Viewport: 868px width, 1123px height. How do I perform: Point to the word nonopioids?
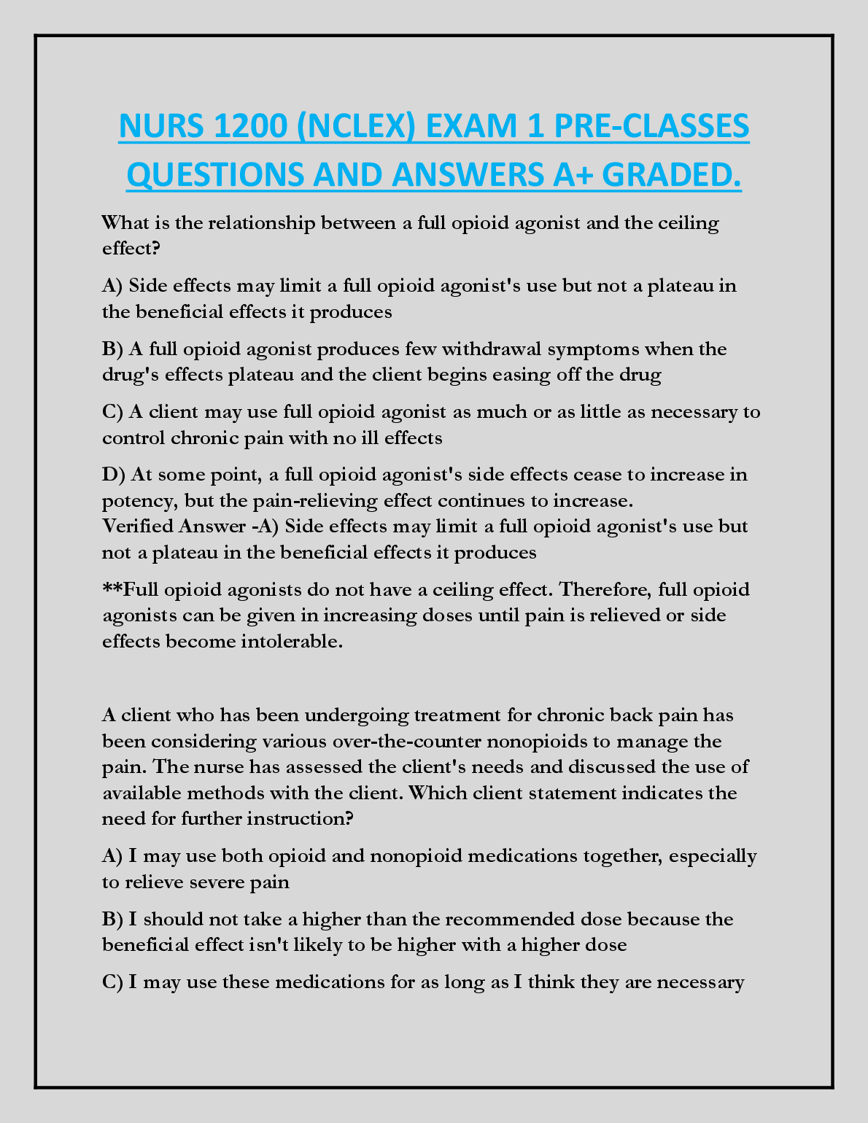[536, 741]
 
